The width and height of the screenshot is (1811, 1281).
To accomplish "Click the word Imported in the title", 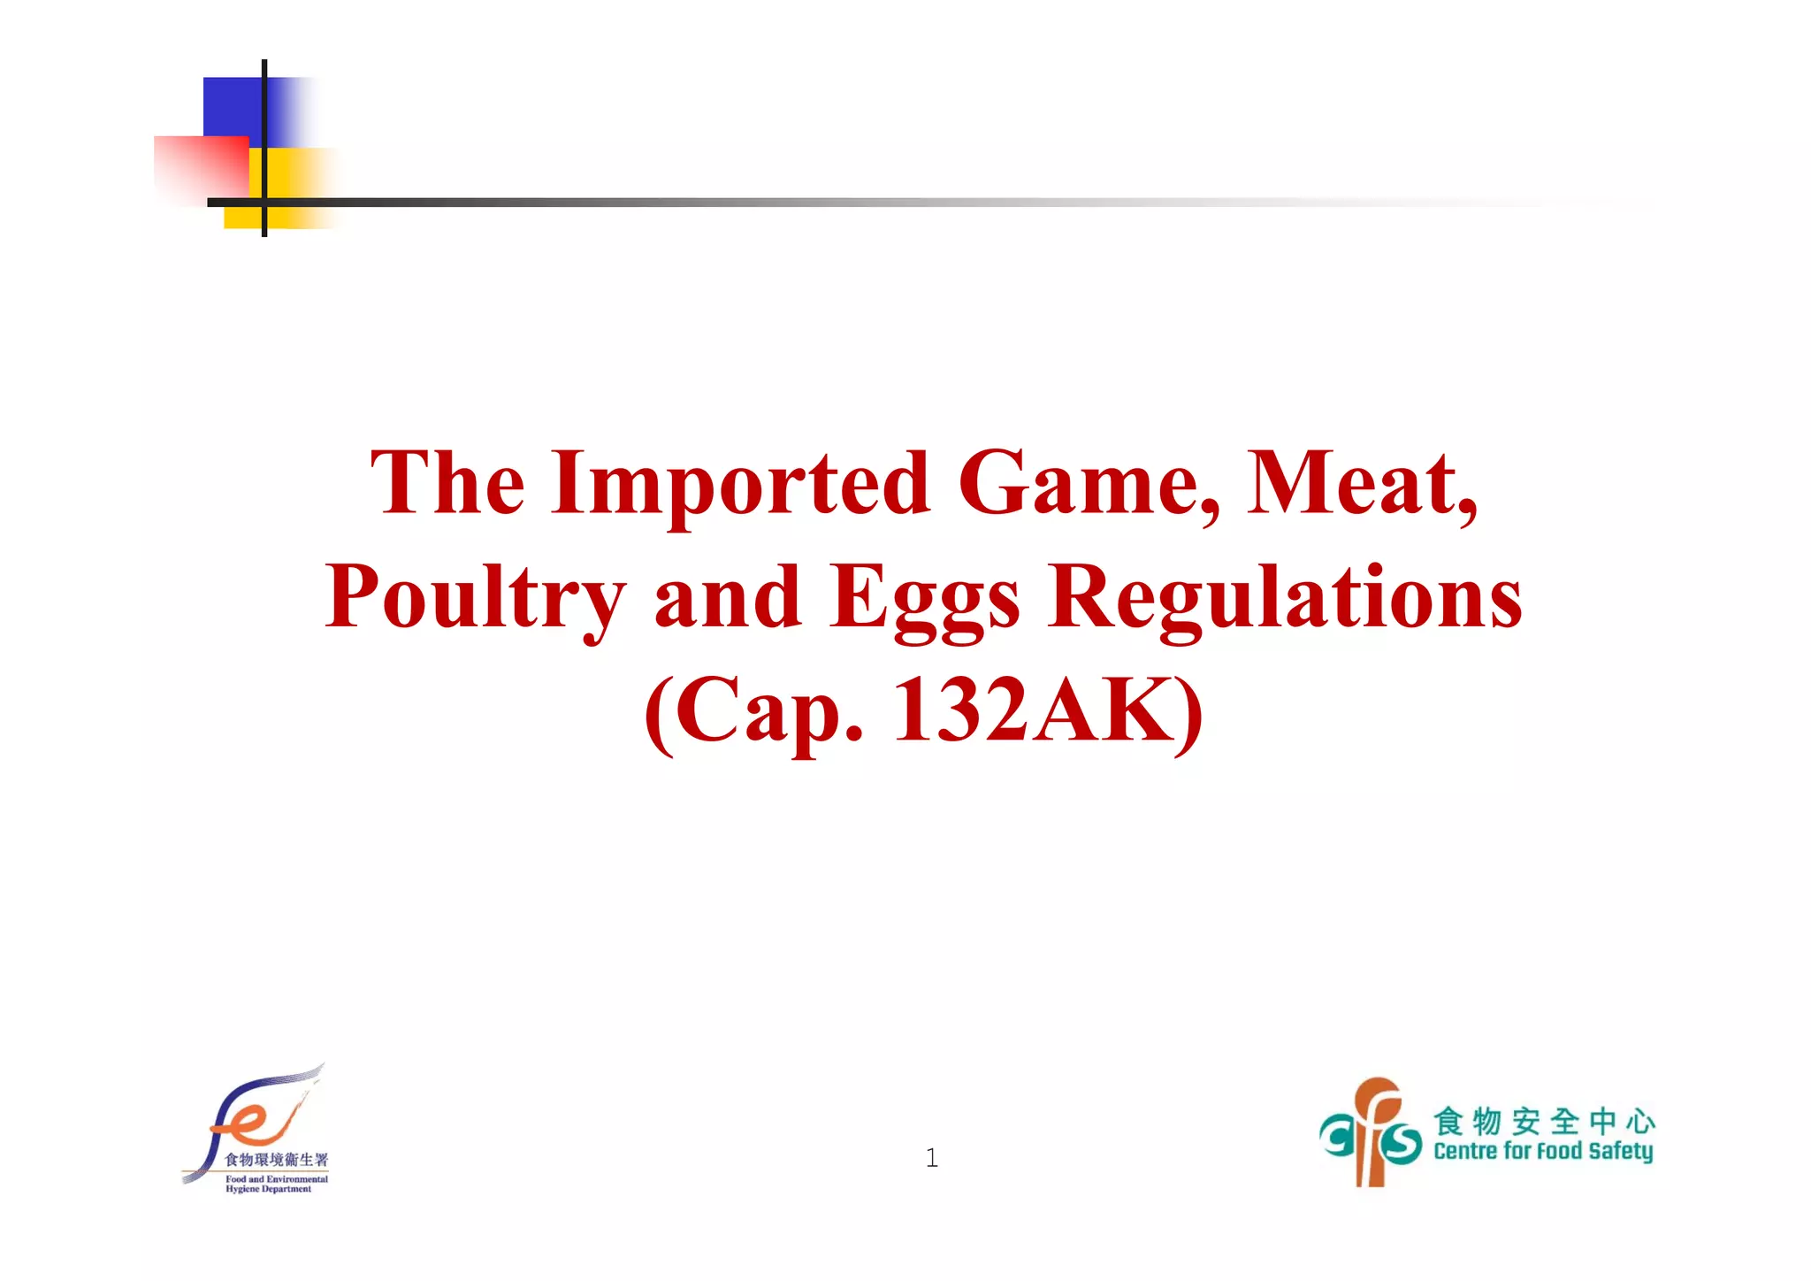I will coord(740,484).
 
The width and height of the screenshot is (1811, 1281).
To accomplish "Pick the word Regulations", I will coord(1285,597).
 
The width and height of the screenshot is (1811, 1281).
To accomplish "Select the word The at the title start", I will coord(447,484).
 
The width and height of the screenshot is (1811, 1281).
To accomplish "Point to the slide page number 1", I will coord(931,1158).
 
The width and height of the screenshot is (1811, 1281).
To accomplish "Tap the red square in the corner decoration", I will coord(200,168).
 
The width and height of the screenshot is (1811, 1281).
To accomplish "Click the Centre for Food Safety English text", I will coord(1543,1151).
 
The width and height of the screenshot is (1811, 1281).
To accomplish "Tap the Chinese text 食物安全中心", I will coord(1543,1121).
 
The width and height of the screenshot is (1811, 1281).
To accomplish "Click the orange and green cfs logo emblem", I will coord(1370,1132).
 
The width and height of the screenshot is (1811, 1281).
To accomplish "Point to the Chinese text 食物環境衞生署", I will coord(276,1160).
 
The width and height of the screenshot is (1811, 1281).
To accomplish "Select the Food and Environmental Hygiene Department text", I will coord(276,1184).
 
